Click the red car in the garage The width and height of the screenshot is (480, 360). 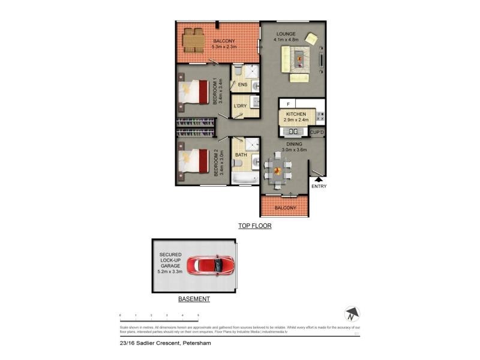210,265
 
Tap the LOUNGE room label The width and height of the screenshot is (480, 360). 286,34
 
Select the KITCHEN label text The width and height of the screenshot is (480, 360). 296,114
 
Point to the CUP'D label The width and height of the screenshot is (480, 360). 317,132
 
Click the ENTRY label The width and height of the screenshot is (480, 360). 319,185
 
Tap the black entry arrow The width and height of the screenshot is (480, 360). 319,178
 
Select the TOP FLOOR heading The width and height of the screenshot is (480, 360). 255,226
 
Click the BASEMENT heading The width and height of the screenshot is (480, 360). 194,299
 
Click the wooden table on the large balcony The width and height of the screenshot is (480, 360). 191,41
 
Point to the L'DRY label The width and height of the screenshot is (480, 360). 240,106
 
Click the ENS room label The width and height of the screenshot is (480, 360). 242,85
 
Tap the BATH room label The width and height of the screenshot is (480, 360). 241,155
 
